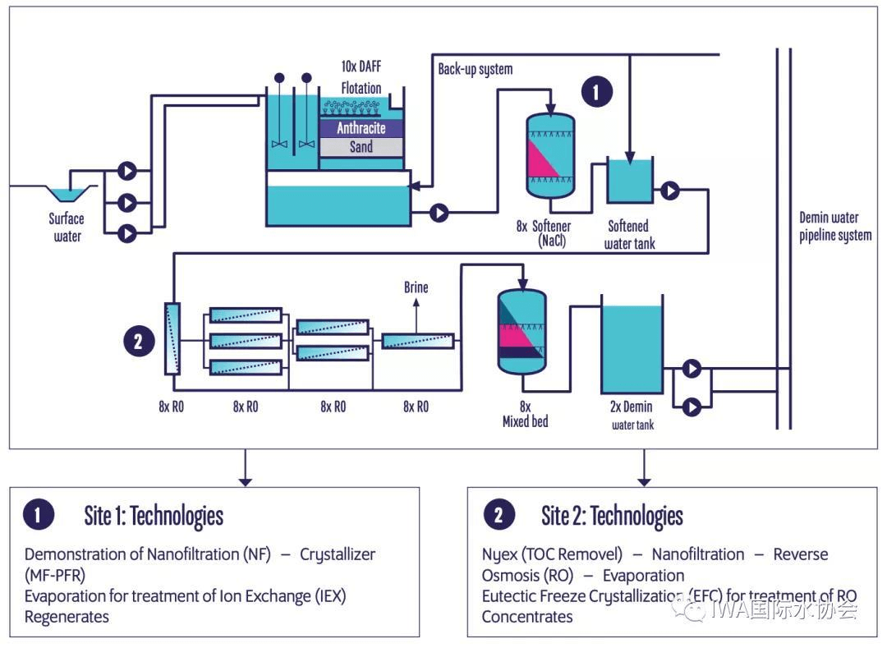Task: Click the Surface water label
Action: pyautogui.click(x=67, y=227)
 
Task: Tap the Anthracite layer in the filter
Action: pyautogui.click(x=361, y=128)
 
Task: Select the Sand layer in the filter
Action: pyautogui.click(x=361, y=147)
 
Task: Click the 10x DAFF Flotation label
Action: pyautogui.click(x=361, y=76)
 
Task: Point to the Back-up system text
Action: pyautogui.click(x=475, y=69)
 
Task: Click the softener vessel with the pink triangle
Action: pyautogui.click(x=550, y=156)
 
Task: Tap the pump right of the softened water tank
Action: pyautogui.click(x=670, y=191)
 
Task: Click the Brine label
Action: pyautogui.click(x=416, y=288)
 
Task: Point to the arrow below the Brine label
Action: pyautogui.click(x=416, y=315)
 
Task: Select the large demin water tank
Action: pyautogui.click(x=632, y=349)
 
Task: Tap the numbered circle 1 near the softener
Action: pyautogui.click(x=597, y=92)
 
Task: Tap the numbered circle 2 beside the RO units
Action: pyautogui.click(x=138, y=341)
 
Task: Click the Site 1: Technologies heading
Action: pyautogui.click(x=154, y=516)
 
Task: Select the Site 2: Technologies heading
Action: pyautogui.click(x=612, y=516)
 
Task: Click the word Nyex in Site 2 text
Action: pyautogui.click(x=499, y=554)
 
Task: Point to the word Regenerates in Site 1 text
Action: pyautogui.click(x=67, y=616)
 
